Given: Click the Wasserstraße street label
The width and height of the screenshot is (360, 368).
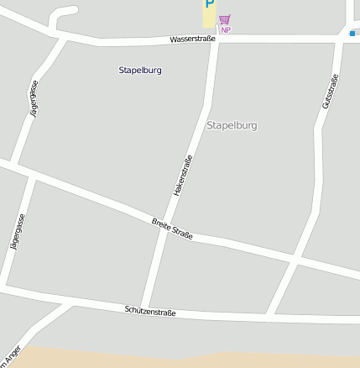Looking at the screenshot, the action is [192, 39].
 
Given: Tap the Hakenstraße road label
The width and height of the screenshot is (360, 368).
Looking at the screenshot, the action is [183, 176].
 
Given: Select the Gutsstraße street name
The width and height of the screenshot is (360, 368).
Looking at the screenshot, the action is [329, 92].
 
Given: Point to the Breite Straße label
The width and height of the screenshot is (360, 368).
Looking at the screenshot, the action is [172, 229].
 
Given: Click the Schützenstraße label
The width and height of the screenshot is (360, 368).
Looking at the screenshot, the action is [150, 311].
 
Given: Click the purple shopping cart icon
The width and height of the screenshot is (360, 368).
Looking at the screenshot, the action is [224, 19].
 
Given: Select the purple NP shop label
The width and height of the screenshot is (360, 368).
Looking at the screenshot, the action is [226, 30].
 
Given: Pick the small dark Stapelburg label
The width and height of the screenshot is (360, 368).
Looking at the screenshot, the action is [140, 70].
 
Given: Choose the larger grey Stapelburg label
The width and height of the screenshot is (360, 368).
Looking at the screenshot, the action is [232, 125].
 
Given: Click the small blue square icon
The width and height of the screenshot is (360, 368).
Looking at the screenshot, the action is [352, 34].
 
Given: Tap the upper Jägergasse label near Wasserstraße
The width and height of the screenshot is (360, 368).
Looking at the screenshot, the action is [33, 98].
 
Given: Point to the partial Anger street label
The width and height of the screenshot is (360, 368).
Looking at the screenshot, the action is [11, 357].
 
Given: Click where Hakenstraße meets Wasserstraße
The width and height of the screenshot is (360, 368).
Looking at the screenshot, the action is [217, 39].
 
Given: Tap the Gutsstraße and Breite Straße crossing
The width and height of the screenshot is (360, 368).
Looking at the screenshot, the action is [295, 262].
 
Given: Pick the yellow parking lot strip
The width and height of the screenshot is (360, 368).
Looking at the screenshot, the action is [208, 15].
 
